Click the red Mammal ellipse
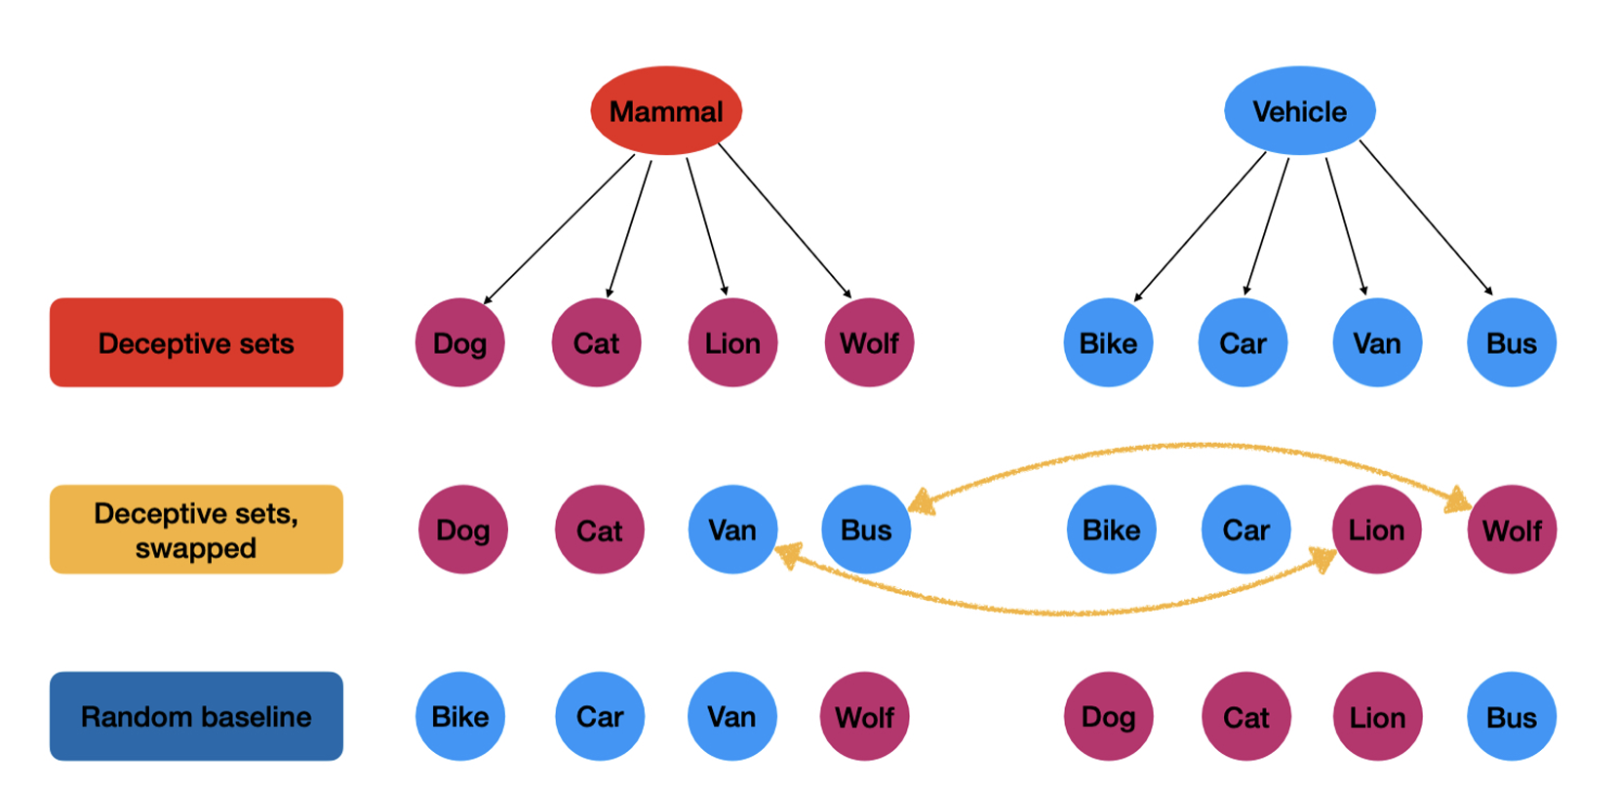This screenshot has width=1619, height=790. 666,110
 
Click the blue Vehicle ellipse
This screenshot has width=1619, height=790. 1299,110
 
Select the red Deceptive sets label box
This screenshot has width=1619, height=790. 196,342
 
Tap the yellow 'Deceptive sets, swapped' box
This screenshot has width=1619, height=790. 196,530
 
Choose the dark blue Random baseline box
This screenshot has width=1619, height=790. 196,716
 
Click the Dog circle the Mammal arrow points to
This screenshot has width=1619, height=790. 459,342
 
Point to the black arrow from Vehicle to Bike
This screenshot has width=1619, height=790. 1201,226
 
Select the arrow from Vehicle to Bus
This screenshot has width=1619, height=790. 1426,217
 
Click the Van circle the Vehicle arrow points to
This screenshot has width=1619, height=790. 1376,342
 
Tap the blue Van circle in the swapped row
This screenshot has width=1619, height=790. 732,530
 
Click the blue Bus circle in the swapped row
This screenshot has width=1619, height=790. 866,530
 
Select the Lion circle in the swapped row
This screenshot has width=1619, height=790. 1376,530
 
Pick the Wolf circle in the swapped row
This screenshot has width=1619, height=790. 1512,530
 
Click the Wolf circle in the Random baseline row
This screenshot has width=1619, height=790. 864,717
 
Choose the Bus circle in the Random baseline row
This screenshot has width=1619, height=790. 1512,717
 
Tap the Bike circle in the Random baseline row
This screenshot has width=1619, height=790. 460,717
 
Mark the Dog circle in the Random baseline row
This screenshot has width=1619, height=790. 1108,717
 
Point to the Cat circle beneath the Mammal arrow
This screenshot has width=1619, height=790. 596,342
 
